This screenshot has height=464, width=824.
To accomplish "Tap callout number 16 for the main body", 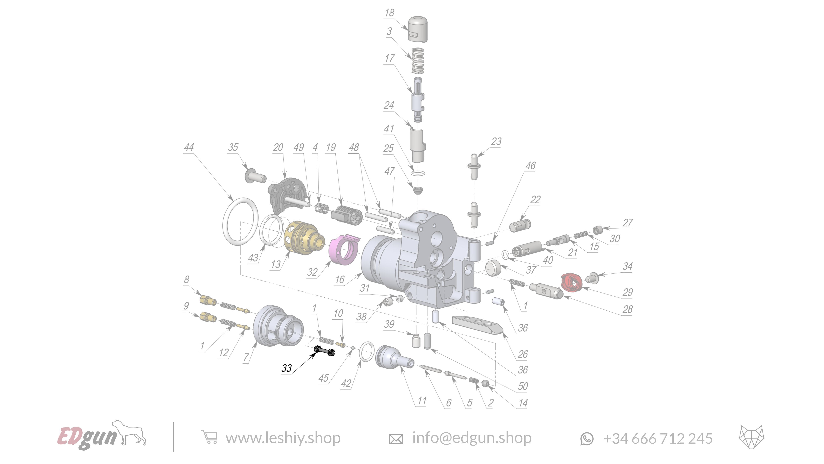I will click(x=339, y=280).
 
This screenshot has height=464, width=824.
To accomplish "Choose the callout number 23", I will click(x=496, y=141).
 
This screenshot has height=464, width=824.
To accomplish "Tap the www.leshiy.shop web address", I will click(x=283, y=438).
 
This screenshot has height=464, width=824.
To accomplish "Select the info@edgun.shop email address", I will click(x=472, y=438).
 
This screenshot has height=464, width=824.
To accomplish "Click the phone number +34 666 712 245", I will click(x=658, y=438).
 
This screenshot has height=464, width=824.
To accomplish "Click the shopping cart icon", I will click(x=210, y=437).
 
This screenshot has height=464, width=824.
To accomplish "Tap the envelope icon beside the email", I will click(x=396, y=439).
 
